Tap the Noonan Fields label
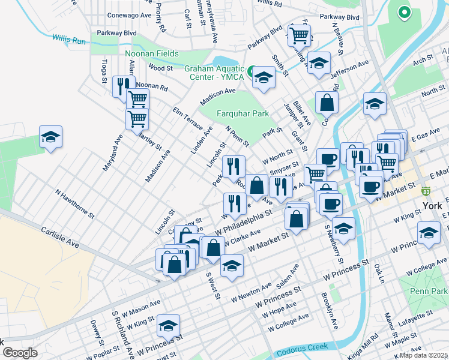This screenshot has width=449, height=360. [152, 53]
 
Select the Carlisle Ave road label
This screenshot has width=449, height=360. [61, 238]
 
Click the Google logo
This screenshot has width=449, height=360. [20, 353]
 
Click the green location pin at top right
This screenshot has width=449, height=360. [404, 11]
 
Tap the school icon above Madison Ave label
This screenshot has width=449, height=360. [263, 77]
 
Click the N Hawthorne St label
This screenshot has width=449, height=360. [75, 203]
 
